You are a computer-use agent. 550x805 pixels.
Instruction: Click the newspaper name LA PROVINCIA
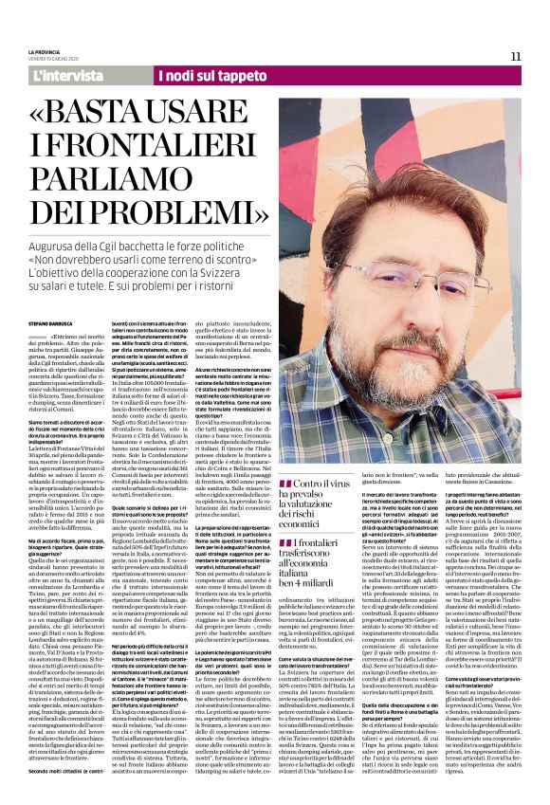46,51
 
